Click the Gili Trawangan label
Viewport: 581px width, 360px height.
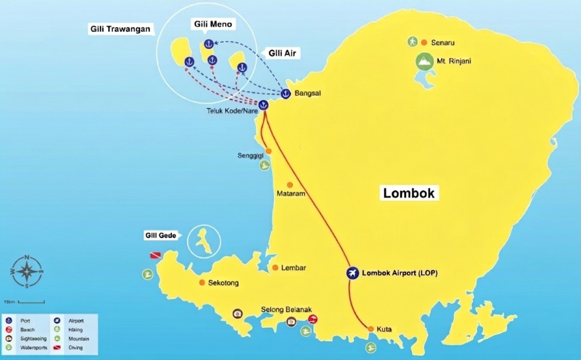(x=121, y=28)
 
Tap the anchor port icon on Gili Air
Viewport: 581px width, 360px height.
(x=242, y=68)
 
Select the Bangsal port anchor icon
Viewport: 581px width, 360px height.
(x=286, y=93)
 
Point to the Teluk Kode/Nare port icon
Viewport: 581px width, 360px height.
(x=263, y=105)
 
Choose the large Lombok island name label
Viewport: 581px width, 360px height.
(x=410, y=193)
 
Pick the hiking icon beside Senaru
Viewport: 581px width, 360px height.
(x=412, y=42)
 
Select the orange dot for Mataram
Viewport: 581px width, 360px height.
(x=290, y=185)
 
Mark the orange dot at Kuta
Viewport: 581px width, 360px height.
(x=371, y=329)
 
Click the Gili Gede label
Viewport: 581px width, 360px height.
(x=161, y=235)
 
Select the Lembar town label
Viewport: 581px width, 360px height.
(x=293, y=268)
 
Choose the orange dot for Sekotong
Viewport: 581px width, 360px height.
(x=202, y=283)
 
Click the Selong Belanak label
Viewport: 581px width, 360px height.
(x=285, y=309)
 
